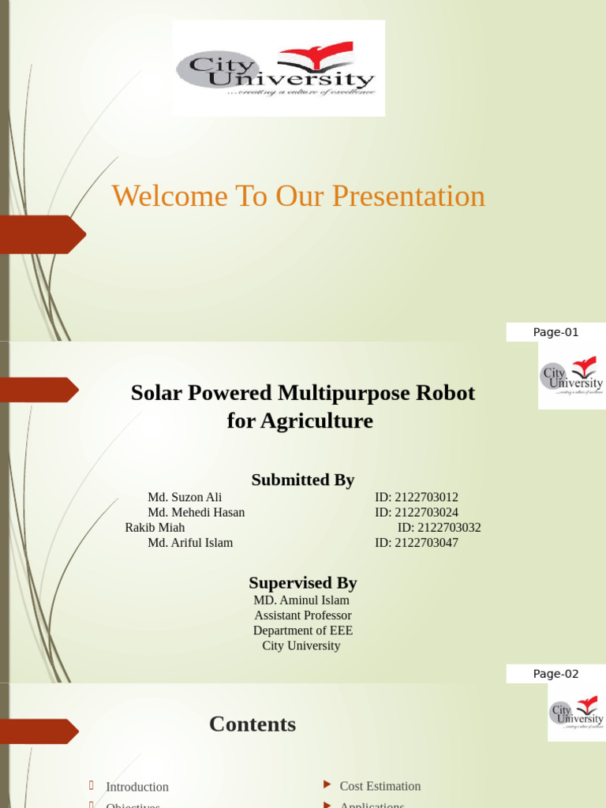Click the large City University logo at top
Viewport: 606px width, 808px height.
(x=279, y=69)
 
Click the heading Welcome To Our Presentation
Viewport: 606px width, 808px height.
(x=298, y=196)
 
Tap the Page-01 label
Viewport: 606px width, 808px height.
(x=555, y=332)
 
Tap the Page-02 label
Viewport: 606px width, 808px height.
(x=555, y=674)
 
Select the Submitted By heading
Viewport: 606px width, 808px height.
(x=303, y=480)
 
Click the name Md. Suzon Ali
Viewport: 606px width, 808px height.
(x=185, y=497)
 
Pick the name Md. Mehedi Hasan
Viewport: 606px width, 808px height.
(x=196, y=512)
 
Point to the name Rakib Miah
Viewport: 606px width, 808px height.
(x=155, y=527)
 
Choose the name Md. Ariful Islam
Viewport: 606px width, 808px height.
(x=190, y=543)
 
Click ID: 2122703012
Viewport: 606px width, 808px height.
(x=417, y=497)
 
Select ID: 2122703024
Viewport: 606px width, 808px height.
(x=417, y=512)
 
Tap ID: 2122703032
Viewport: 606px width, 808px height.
(x=439, y=527)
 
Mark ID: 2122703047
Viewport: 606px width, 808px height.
(x=417, y=543)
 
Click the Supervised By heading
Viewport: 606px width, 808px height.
(x=303, y=583)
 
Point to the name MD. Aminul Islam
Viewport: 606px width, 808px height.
(x=301, y=600)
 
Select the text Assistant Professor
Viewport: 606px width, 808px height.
(x=303, y=615)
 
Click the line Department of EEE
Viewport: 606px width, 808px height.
(x=303, y=630)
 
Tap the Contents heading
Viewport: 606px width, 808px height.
(x=252, y=724)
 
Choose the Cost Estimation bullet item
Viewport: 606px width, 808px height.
(x=380, y=786)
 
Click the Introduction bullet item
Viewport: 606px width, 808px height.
(x=137, y=787)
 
